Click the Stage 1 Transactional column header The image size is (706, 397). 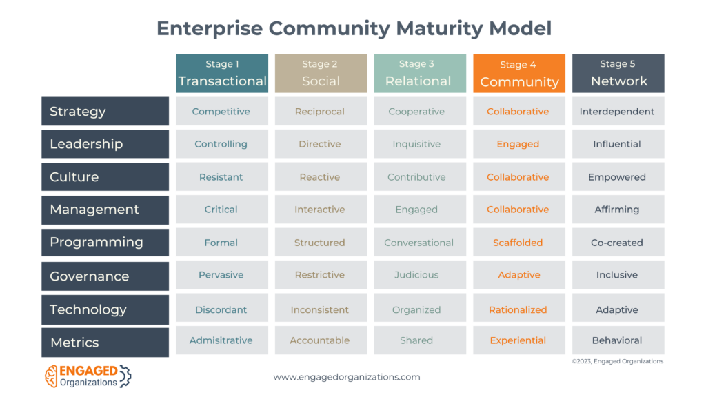click(222, 73)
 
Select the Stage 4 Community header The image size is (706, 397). click(519, 73)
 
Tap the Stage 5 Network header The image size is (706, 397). click(618, 73)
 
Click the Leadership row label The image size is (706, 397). click(105, 144)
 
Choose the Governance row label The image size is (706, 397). click(105, 276)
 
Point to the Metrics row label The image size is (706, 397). click(105, 342)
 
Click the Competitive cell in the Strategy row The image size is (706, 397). click(222, 111)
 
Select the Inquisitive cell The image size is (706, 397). click(420, 144)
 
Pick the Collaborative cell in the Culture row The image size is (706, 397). click(519, 177)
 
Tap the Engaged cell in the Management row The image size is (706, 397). click(420, 210)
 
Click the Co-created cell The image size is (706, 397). click(618, 242)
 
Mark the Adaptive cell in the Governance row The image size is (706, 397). click(519, 274)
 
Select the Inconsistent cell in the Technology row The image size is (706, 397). click(321, 309)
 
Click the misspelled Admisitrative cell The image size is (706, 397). click(222, 340)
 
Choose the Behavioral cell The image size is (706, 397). click(618, 340)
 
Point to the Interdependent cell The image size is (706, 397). click(618, 111)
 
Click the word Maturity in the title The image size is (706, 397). click(438, 28)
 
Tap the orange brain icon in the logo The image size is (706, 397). click(51, 376)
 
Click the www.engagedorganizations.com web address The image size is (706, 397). click(347, 377)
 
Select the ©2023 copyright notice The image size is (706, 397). click(618, 361)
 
